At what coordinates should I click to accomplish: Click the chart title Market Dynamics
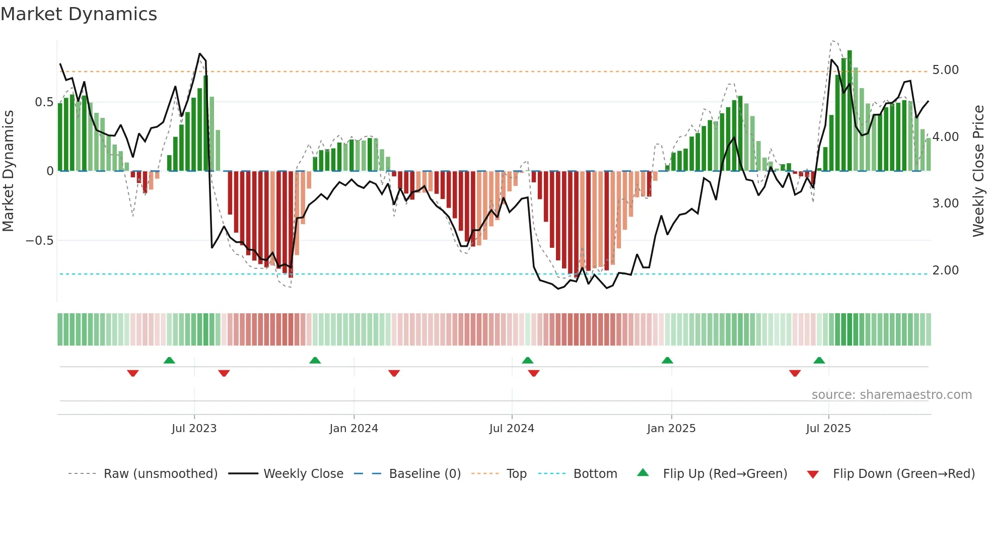coord(79,14)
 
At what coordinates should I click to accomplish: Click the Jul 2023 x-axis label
coord(194,429)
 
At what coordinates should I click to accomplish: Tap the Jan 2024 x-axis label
coord(354,429)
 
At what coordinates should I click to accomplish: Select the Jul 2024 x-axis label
coord(512,429)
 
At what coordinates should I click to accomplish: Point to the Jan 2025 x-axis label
coord(671,429)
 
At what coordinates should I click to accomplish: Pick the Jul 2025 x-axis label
coord(828,429)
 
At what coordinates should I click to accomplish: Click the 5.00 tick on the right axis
coord(945,70)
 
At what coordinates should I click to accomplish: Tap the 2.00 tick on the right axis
coord(945,270)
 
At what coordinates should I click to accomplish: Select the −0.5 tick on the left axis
coord(40,241)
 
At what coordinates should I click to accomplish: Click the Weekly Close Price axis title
coord(978,171)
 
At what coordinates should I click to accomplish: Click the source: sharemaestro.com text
coord(891,395)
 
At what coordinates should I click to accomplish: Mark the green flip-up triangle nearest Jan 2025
coord(667,361)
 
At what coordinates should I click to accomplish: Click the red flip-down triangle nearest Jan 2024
coord(394,373)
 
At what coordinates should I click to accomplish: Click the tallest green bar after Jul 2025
coord(850,111)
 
